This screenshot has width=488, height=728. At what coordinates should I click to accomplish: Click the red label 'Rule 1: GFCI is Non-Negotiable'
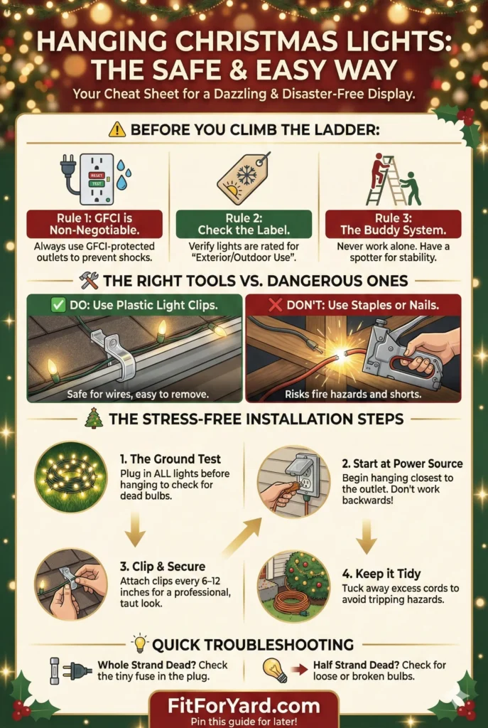pos(95,224)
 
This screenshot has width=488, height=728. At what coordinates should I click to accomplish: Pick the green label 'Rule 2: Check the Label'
pos(244,224)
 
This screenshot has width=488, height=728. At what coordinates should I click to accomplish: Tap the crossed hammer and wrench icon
pos(90,281)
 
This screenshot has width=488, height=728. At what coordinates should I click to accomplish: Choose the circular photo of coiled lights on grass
pos(70,476)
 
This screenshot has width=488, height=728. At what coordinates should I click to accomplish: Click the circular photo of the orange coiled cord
pos(293,585)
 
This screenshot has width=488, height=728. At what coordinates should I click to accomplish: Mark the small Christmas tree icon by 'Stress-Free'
pos(93,418)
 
